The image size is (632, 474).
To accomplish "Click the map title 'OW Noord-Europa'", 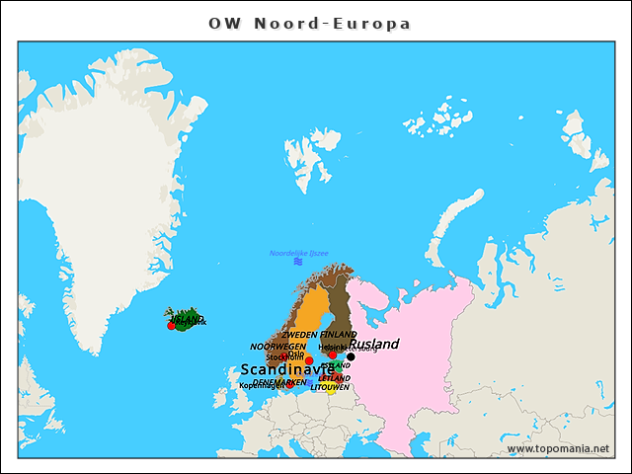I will (x=309, y=23).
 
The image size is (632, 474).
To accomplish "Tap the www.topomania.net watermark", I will (x=557, y=448).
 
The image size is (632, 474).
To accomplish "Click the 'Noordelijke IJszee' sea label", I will (x=298, y=254).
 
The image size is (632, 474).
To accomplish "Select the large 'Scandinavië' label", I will (x=287, y=369).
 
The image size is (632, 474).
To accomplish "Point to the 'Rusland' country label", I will (x=374, y=345).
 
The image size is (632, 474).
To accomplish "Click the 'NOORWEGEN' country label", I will (x=277, y=347).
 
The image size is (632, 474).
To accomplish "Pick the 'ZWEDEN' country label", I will (x=299, y=336).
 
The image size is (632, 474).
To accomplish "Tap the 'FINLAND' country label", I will (x=338, y=336).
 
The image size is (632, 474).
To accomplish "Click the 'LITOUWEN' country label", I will (x=330, y=387).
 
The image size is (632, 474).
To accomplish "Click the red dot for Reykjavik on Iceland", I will (x=172, y=325).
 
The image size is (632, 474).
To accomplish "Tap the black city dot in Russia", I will (x=351, y=357).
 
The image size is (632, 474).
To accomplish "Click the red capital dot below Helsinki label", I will (x=333, y=355).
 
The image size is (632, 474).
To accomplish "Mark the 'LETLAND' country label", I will (x=334, y=378).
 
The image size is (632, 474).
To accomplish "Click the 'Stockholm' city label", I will (x=284, y=357).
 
